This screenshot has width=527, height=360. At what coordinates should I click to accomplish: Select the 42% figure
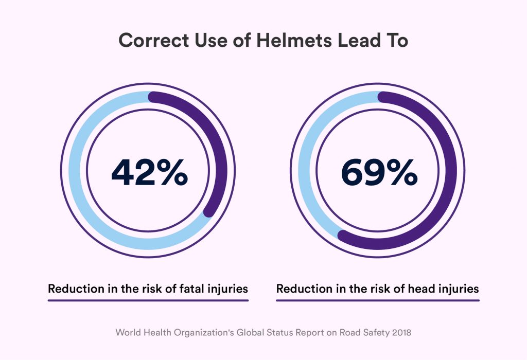pyautogui.click(x=149, y=172)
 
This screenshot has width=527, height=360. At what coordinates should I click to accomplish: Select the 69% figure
pyautogui.click(x=379, y=172)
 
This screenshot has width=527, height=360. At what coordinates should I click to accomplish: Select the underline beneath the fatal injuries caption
pyautogui.click(x=148, y=300)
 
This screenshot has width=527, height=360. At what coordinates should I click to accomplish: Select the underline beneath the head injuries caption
pyautogui.click(x=377, y=300)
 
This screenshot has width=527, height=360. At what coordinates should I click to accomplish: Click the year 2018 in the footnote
pyautogui.click(x=400, y=333)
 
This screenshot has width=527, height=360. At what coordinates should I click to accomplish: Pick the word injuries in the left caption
pyautogui.click(x=228, y=289)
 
